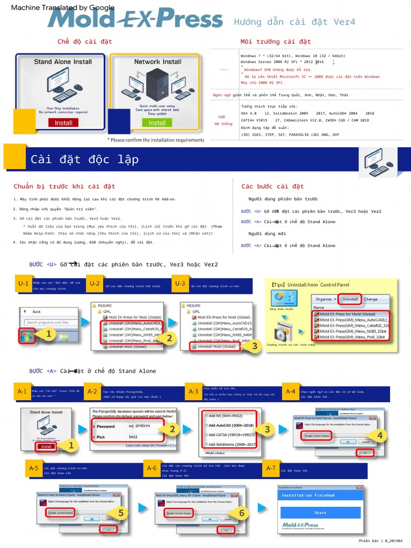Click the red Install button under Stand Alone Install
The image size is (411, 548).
click(63, 123)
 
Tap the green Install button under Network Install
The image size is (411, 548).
click(157, 123)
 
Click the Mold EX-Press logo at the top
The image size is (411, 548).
click(134, 19)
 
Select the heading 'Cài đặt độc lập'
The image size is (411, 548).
click(85, 159)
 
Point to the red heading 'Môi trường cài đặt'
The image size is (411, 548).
click(276, 41)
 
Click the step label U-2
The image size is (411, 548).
click(95, 284)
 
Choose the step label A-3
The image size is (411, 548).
click(193, 391)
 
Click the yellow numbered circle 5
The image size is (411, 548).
click(121, 513)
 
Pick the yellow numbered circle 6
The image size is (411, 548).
click(241, 513)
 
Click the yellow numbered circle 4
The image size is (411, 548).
click(380, 436)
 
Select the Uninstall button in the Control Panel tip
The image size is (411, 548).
click(350, 299)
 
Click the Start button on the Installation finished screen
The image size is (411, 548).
click(320, 513)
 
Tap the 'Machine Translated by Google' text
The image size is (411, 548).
click(63, 7)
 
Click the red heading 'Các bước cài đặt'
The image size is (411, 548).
click(272, 186)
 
